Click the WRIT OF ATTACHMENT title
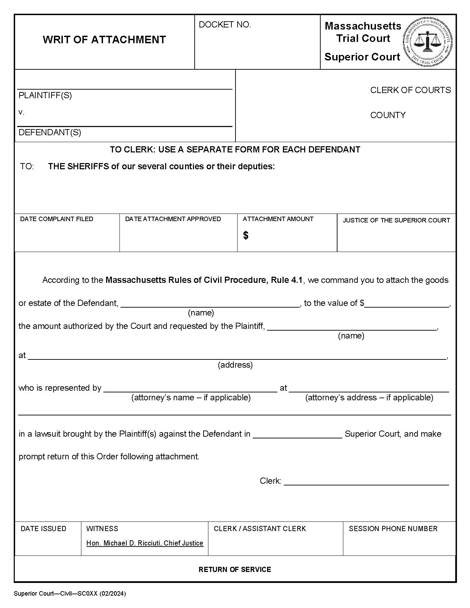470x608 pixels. tap(104, 40)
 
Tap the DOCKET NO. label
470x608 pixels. tap(225, 25)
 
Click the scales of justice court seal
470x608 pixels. tap(427, 42)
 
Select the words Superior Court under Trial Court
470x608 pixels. tap(362, 57)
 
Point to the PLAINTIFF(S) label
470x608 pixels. tap(45, 95)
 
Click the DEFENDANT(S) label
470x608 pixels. tap(50, 133)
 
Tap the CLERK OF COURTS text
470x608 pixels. tap(410, 90)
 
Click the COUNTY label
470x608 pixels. tap(388, 115)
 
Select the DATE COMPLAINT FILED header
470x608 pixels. tap(57, 219)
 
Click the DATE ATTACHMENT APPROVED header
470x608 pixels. tap(173, 219)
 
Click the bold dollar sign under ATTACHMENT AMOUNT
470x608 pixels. tap(245, 236)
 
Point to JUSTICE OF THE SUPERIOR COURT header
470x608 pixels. tap(396, 220)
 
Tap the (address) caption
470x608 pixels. tap(235, 365)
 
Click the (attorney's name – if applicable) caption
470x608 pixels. tap(191, 398)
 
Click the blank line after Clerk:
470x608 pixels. tap(366, 481)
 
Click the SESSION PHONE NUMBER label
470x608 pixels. tap(393, 529)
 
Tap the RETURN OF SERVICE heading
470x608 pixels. tap(235, 570)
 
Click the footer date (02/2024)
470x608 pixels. tap(113, 594)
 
